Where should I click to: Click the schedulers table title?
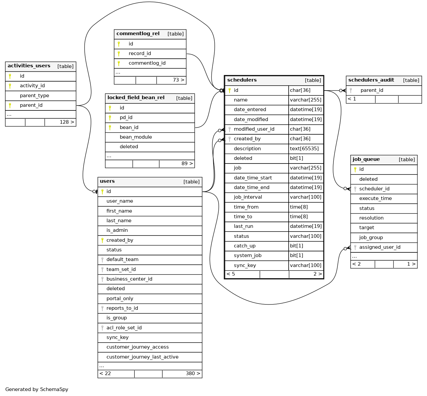pyautogui.click(x=242, y=80)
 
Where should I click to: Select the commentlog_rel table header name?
pyautogui.click(x=138, y=33)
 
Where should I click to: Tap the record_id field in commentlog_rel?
pyautogui.click(x=140, y=53)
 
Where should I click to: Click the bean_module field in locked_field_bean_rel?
pyautogui.click(x=136, y=137)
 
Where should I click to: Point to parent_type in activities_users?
pyautogui.click(x=35, y=96)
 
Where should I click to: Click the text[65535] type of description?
pyautogui.click(x=304, y=149)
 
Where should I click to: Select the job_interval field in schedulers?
pyautogui.click(x=248, y=197)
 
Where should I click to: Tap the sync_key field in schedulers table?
pyautogui.click(x=245, y=265)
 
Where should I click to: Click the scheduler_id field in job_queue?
pyautogui.click(x=374, y=189)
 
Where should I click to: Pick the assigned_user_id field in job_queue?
pyautogui.click(x=380, y=247)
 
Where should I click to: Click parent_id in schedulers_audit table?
pyautogui.click(x=372, y=90)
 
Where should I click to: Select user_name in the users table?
pyautogui.click(x=120, y=201)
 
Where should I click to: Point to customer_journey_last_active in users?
pyautogui.click(x=142, y=357)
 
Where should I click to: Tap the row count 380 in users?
pyautogui.click(x=193, y=373)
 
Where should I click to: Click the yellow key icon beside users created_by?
pyautogui.click(x=102, y=240)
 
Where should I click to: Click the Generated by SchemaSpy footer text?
pyautogui.click(x=37, y=389)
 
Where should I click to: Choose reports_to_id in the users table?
pyautogui.click(x=122, y=308)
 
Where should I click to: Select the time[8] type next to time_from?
pyautogui.click(x=299, y=207)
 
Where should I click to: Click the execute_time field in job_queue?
pyautogui.click(x=375, y=198)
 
